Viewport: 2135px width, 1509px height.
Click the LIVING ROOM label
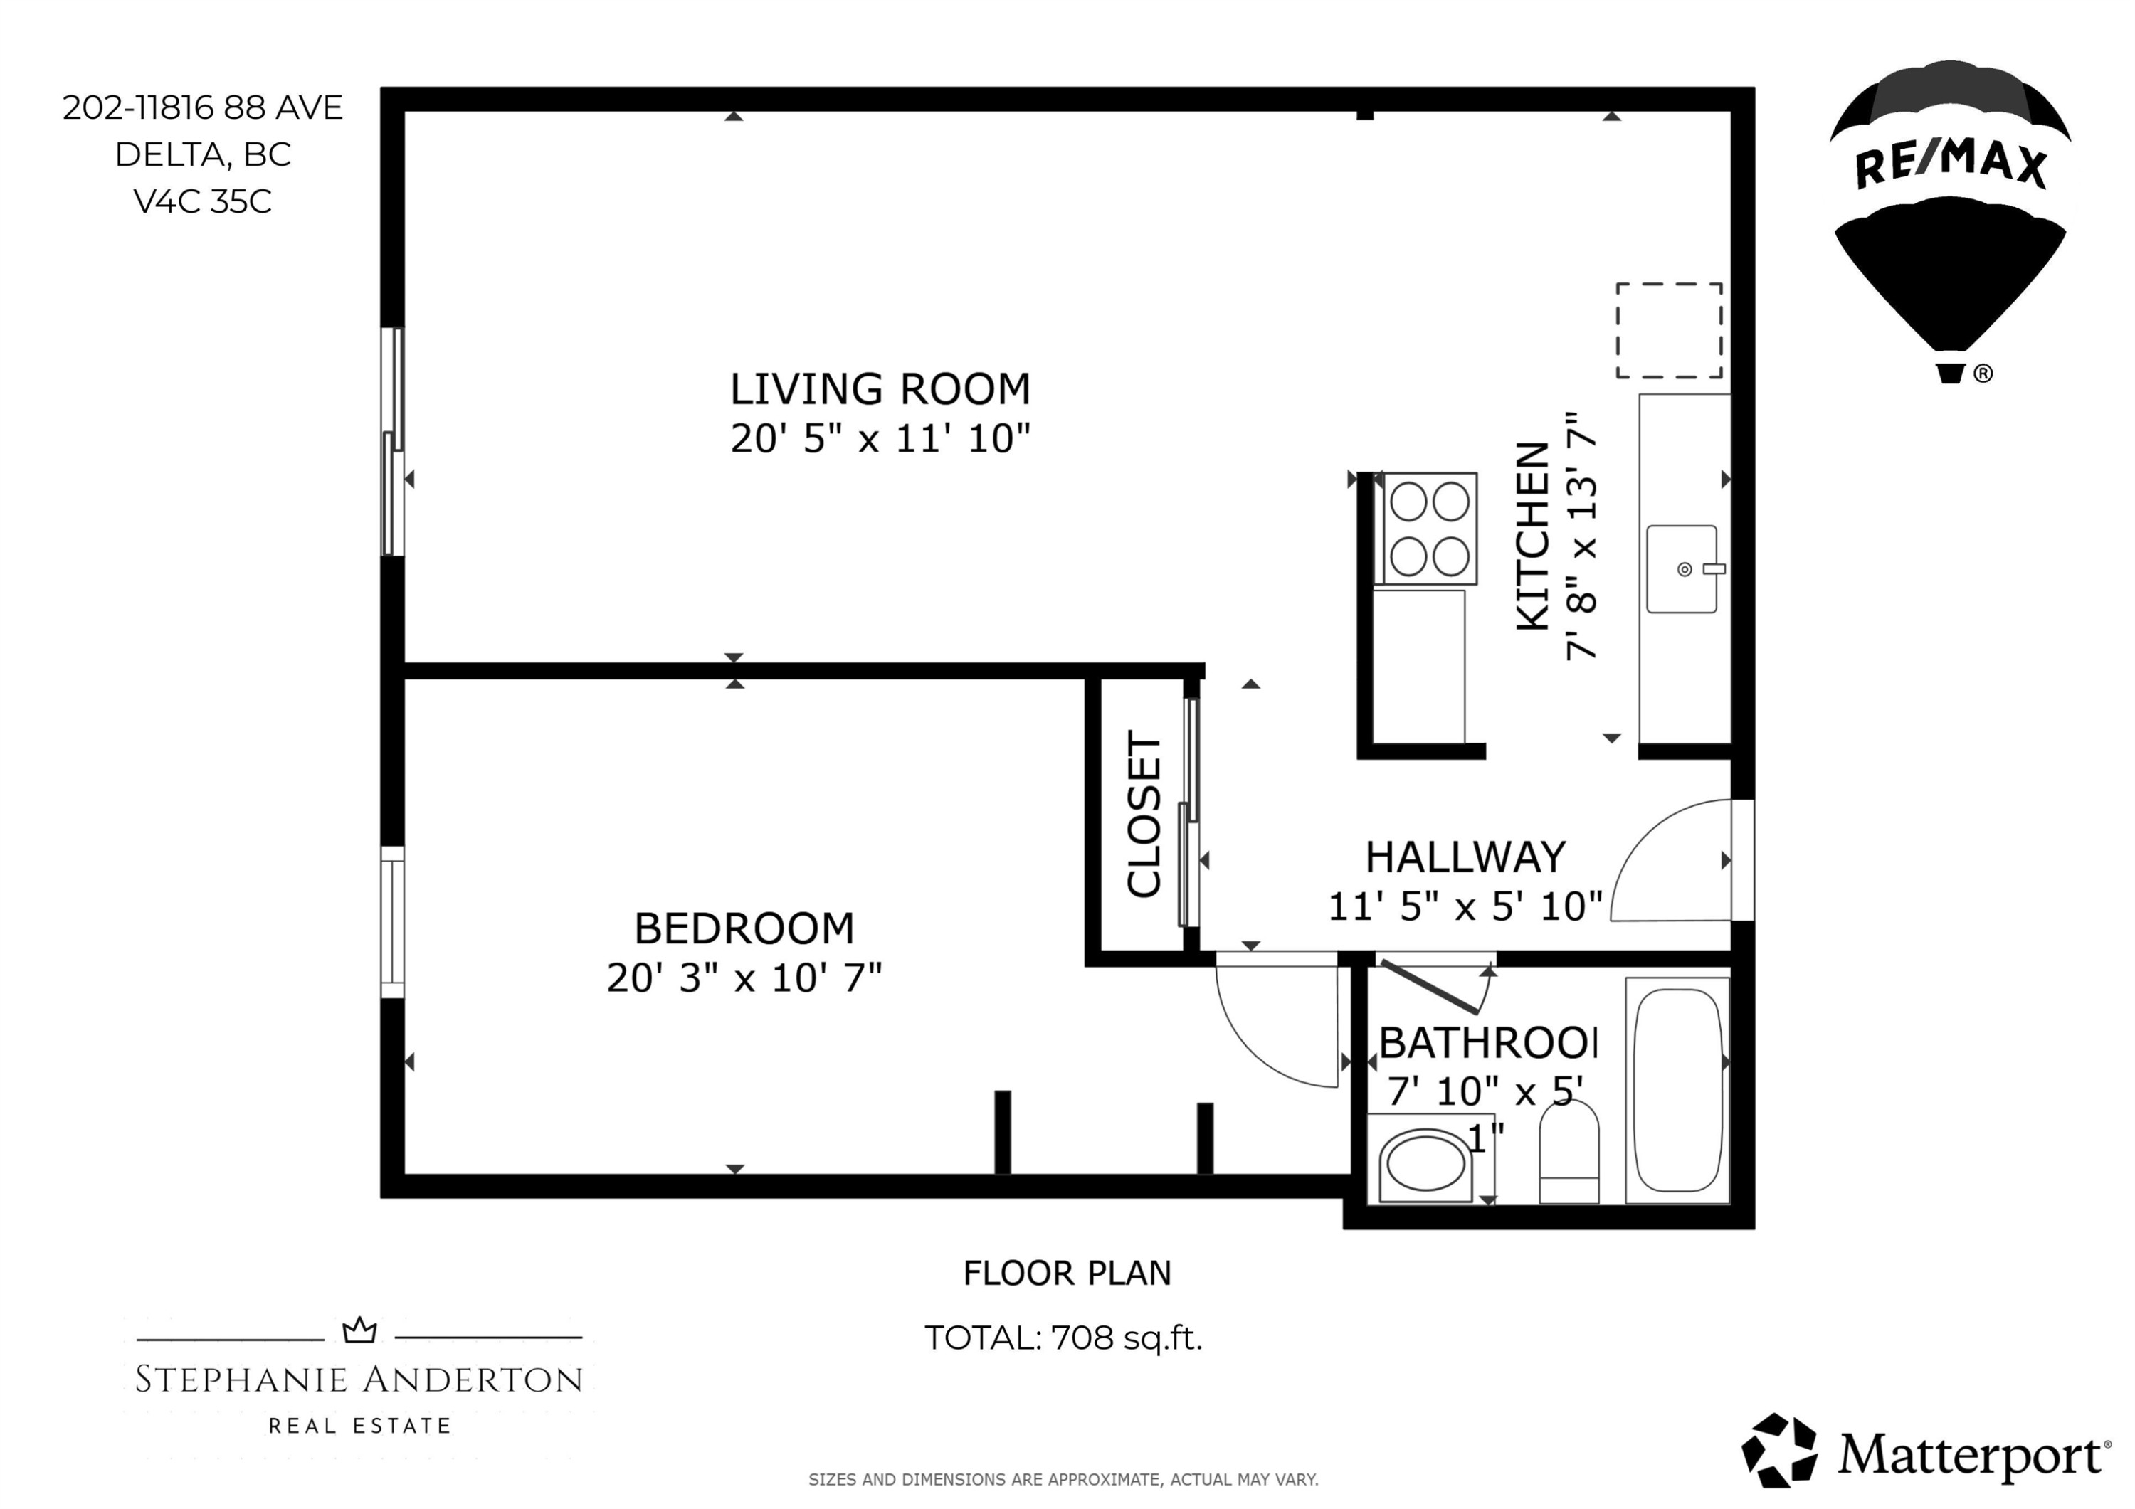(880, 388)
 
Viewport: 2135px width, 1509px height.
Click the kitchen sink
(1683, 569)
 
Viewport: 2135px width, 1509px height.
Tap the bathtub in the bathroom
(1678, 1090)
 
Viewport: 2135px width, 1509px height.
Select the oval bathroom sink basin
(1425, 1160)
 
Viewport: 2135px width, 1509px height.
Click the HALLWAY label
(1465, 857)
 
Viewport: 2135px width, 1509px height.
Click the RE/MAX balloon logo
(1950, 221)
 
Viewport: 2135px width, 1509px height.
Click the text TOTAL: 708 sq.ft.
(1064, 1338)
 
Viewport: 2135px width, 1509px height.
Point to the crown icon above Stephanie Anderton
(360, 1330)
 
